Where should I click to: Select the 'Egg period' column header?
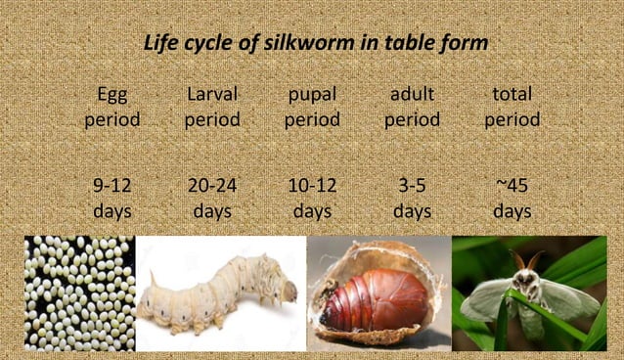coord(112,108)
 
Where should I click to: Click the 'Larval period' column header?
coord(212,108)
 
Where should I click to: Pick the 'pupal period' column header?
coord(312,108)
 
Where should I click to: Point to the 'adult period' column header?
coord(412,108)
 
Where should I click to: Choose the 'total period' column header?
coord(512,108)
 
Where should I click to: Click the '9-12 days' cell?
coord(112,199)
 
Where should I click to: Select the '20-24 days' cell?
coord(212,199)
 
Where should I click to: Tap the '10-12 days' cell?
coord(312,199)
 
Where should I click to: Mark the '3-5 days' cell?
coord(412,199)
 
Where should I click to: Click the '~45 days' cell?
coord(512,199)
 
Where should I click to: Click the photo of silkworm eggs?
coord(79,293)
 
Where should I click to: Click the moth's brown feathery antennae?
coord(528,259)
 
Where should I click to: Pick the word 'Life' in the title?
coord(160,44)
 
